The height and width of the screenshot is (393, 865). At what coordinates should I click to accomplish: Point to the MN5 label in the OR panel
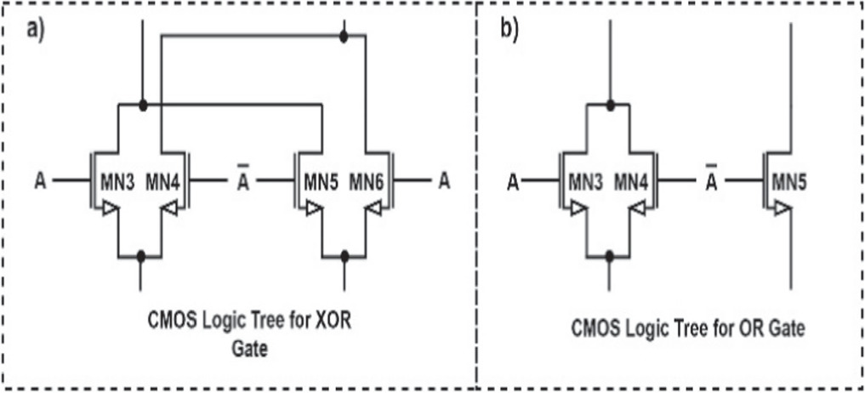tap(790, 180)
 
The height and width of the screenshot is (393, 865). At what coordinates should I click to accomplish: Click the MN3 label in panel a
tap(120, 180)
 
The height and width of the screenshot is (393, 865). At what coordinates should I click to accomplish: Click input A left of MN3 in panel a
tap(40, 180)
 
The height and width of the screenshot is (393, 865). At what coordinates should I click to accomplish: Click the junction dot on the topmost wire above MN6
tap(344, 37)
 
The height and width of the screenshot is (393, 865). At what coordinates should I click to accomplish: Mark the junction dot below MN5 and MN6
tap(344, 254)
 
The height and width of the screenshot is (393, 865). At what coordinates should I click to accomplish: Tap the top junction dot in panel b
tap(610, 105)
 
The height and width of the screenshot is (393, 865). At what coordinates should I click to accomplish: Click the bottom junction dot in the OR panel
tap(610, 254)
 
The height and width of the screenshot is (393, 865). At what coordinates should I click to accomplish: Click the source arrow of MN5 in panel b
tap(782, 209)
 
